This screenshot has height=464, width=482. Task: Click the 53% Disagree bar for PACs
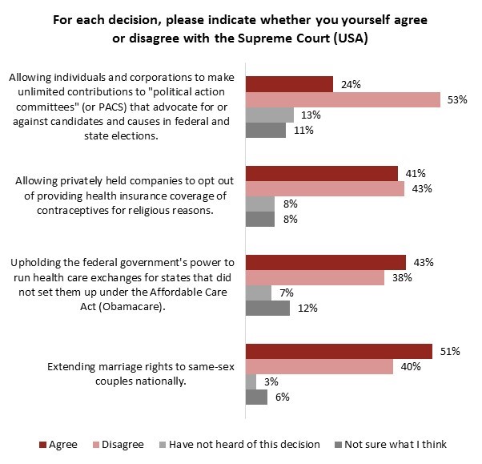pos(342,99)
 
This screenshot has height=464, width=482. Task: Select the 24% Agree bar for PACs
pos(289,84)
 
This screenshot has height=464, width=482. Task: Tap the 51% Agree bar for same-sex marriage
pos(339,351)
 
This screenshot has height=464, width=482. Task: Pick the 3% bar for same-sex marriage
pos(251,381)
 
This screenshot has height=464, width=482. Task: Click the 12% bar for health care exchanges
pos(267,307)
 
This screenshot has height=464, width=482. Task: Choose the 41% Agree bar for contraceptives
pos(321,173)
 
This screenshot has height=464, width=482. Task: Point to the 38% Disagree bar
pos(315,277)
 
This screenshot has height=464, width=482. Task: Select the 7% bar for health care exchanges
pos(259,293)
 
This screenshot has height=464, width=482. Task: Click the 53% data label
pos(457,99)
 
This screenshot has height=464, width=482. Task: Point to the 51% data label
pos(450,351)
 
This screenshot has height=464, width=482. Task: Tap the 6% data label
pos(282,397)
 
